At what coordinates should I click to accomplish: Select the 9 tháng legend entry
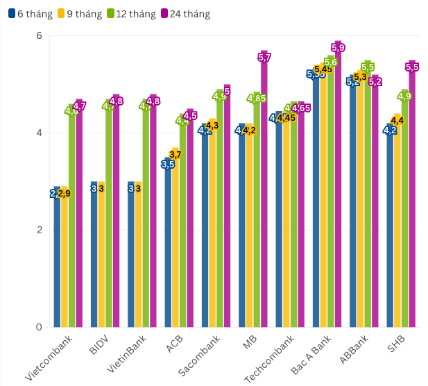[x=76, y=13]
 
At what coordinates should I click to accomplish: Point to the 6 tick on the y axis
[x=40, y=35]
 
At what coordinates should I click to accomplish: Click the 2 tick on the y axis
[x=40, y=230]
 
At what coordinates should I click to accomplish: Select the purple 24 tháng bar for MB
[x=264, y=194]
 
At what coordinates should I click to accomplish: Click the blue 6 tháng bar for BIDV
[x=94, y=257]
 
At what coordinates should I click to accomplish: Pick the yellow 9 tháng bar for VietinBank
[x=138, y=257]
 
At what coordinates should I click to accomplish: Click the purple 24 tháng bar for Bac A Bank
[x=339, y=187]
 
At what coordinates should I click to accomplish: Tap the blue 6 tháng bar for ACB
[x=168, y=243]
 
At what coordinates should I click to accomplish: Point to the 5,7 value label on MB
[x=264, y=58]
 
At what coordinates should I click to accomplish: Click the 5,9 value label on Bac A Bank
[x=339, y=47]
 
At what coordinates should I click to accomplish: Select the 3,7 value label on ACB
[x=176, y=154]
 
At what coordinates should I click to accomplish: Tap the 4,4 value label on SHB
[x=397, y=120]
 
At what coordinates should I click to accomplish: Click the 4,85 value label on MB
[x=257, y=99]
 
